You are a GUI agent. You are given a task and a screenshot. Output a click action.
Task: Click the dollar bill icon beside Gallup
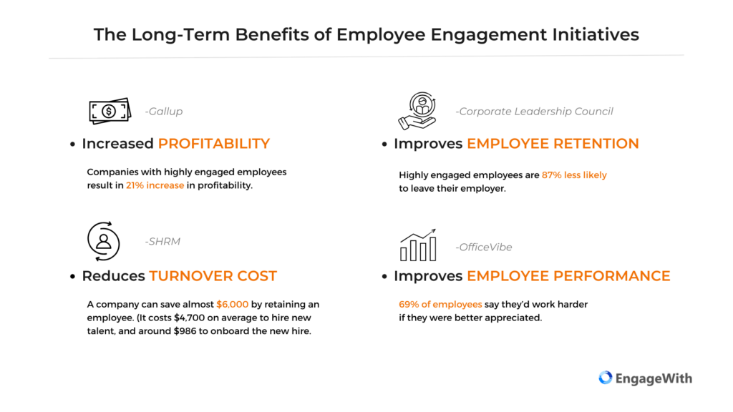pos(110,111)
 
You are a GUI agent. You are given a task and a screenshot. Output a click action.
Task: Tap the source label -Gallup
pos(164,111)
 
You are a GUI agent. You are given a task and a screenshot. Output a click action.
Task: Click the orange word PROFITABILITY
pos(214,143)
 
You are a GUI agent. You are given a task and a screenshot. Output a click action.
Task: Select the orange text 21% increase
pos(155,185)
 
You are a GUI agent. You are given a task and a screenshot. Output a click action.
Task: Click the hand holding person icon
pos(417,111)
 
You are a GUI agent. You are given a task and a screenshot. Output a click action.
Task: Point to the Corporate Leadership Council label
pos(534,111)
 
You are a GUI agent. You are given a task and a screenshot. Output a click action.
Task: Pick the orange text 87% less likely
pos(574,175)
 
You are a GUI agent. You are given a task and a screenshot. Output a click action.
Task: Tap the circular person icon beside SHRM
pos(103,241)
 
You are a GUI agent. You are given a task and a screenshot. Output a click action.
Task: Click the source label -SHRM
pos(162,242)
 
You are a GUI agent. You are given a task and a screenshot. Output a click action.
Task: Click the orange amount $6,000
pos(233,305)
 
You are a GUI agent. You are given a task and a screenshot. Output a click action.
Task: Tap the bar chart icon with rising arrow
pos(418,245)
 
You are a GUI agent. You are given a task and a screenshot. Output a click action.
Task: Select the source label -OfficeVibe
pos(484,247)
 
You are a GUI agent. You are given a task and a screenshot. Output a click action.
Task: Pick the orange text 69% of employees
pos(440,305)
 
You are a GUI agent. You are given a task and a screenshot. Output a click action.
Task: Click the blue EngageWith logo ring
pos(606,378)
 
